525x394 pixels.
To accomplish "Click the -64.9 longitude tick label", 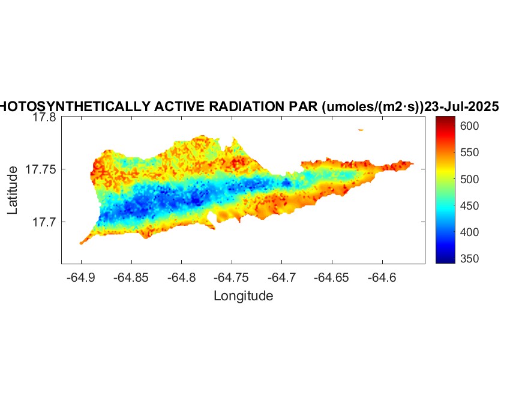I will [81, 278].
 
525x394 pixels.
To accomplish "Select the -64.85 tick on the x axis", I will [131, 278].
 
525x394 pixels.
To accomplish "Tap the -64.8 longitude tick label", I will [181, 278].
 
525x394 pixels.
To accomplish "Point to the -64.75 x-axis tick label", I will [232, 278].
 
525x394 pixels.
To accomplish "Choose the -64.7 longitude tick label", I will [282, 278].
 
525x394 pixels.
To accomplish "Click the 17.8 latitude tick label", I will [44, 118].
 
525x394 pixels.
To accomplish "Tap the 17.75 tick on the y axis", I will [41, 170].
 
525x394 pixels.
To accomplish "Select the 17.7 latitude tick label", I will [44, 222].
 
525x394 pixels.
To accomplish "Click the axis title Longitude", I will [243, 295].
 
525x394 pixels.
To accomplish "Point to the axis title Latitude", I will [13, 191].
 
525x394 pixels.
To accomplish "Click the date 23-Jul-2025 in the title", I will [461, 107].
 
